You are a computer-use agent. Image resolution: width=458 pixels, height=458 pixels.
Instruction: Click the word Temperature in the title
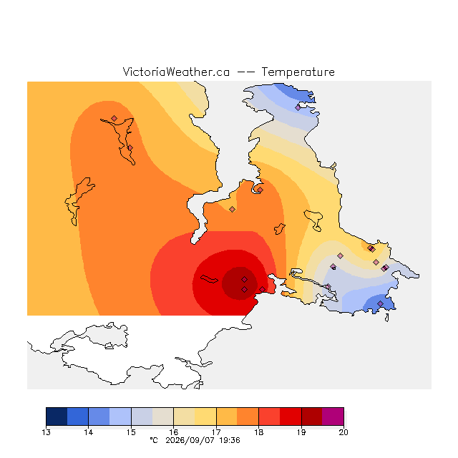298,72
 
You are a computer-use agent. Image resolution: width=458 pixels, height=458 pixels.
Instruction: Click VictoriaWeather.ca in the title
176,72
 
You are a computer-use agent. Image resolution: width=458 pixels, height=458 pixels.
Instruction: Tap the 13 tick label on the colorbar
46,432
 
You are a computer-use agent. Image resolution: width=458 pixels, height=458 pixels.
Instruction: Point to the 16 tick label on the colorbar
173,432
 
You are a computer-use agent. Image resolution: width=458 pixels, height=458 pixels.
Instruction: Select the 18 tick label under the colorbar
258,432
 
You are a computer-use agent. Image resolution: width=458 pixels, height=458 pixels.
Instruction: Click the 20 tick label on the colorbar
343,432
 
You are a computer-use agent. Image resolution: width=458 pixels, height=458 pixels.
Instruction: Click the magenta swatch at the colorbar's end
333,416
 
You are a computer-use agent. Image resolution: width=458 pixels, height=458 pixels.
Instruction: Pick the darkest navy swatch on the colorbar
57,416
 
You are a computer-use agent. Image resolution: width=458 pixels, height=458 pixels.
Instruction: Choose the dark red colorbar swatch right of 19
312,416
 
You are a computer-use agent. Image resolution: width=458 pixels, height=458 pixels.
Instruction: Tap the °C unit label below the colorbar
154,440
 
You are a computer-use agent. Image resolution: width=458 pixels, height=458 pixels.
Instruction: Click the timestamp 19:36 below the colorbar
230,440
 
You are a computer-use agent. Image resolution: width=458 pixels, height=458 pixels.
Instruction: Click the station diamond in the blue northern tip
298,108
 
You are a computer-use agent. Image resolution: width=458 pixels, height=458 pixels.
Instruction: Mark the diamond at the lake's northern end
114,118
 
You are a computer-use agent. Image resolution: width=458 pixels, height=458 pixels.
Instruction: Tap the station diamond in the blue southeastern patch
380,303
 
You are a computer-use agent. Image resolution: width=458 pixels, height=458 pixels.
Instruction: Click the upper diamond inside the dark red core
245,280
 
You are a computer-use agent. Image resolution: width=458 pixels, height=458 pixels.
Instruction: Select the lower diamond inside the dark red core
245,289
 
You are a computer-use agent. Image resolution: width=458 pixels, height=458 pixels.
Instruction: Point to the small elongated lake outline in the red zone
209,279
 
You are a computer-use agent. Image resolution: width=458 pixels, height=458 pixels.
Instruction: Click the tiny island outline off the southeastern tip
387,318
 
